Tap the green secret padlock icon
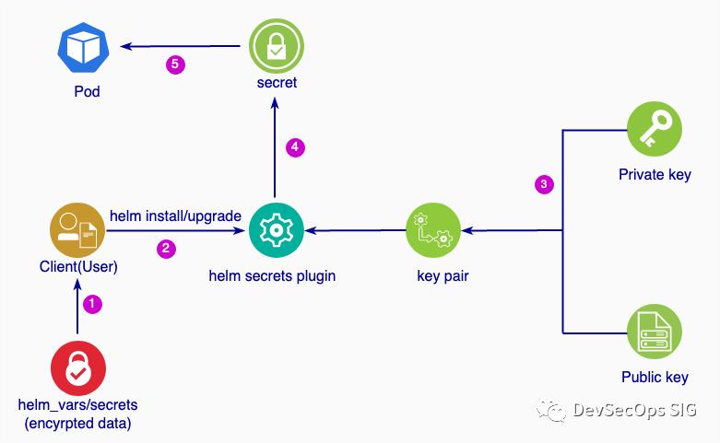click(276, 46)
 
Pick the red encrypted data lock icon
click(78, 368)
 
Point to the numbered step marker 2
click(167, 249)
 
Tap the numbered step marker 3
click(544, 185)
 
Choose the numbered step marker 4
click(295, 147)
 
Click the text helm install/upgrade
click(175, 216)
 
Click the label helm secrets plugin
click(272, 274)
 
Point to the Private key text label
click(654, 174)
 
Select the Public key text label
click(654, 377)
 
